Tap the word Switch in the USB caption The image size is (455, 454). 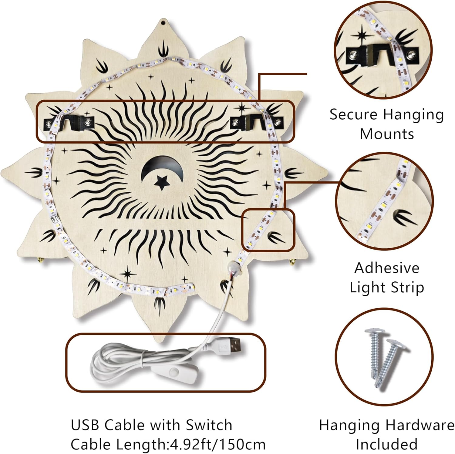point(209,425)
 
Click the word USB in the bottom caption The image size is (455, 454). point(85,425)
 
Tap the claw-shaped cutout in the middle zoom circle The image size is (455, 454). point(400,216)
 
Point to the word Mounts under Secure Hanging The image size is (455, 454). point(387,134)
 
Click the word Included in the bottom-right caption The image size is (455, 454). point(386,444)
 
